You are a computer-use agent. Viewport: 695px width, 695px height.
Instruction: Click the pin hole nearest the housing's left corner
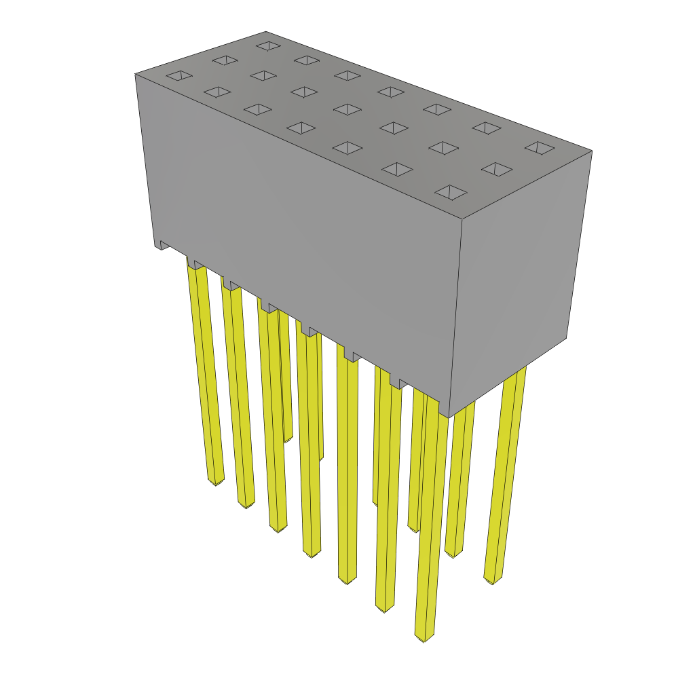179,75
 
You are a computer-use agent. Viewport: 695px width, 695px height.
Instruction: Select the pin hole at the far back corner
268,45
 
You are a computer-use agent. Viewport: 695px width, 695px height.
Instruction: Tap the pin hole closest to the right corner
540,147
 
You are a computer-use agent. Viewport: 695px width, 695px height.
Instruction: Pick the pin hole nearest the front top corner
451,192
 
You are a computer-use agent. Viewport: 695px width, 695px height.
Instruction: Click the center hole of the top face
347,109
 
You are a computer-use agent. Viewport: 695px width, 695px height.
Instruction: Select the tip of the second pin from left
246,504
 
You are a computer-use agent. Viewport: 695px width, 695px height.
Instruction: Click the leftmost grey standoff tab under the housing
163,245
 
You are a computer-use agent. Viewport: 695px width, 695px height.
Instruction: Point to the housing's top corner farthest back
265,32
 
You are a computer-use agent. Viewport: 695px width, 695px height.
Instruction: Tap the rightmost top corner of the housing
592,151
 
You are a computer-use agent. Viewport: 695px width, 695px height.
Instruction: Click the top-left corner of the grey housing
136,74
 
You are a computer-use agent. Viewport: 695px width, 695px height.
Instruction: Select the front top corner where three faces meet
462,219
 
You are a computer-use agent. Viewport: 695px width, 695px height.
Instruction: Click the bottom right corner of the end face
566,337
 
